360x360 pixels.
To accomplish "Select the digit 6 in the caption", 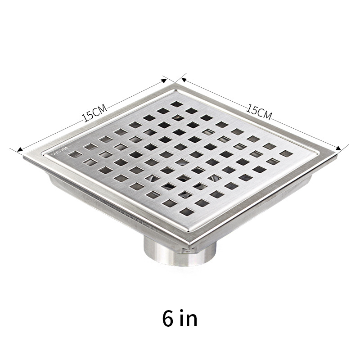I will click(168, 319).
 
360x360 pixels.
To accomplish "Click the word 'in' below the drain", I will click(189, 319).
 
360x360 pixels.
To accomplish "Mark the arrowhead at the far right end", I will click(342, 149).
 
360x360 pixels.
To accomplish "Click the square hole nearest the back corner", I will click(177, 104).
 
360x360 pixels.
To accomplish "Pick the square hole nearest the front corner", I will click(186, 210).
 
